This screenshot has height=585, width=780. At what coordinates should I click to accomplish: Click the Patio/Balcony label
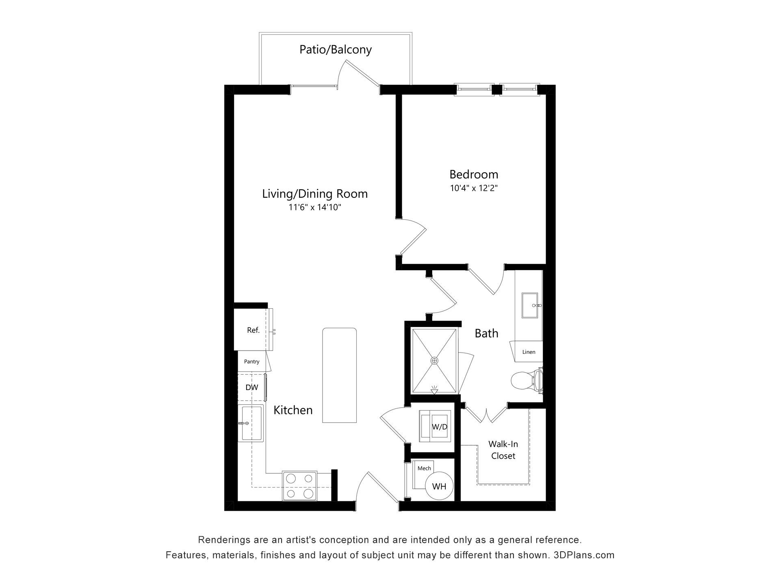[336, 50]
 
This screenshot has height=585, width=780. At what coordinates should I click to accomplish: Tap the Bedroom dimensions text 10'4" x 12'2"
[474, 188]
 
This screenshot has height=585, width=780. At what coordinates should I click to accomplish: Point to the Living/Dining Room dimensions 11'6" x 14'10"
[315, 207]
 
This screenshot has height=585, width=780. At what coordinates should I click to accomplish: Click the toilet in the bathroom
[526, 381]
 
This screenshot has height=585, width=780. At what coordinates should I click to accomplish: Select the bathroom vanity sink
[531, 305]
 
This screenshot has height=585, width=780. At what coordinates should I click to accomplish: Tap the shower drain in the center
[435, 360]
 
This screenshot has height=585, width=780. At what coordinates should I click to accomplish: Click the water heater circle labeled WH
[439, 486]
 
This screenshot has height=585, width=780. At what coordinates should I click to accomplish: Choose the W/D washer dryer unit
[435, 426]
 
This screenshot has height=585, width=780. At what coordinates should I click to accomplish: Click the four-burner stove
[299, 486]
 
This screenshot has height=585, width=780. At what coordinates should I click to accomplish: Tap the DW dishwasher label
[252, 387]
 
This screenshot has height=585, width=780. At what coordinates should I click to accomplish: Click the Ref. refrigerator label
[253, 330]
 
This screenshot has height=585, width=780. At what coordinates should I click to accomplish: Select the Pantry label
[251, 362]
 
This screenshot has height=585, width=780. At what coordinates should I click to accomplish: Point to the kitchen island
[340, 375]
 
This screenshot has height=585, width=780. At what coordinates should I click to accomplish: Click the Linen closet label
[529, 352]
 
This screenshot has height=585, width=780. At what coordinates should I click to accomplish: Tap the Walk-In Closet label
[503, 450]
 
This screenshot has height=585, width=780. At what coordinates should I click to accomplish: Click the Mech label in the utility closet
[424, 468]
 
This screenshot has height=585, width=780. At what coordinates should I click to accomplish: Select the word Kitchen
[293, 410]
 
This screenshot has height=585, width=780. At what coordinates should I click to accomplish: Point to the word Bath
[486, 333]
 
